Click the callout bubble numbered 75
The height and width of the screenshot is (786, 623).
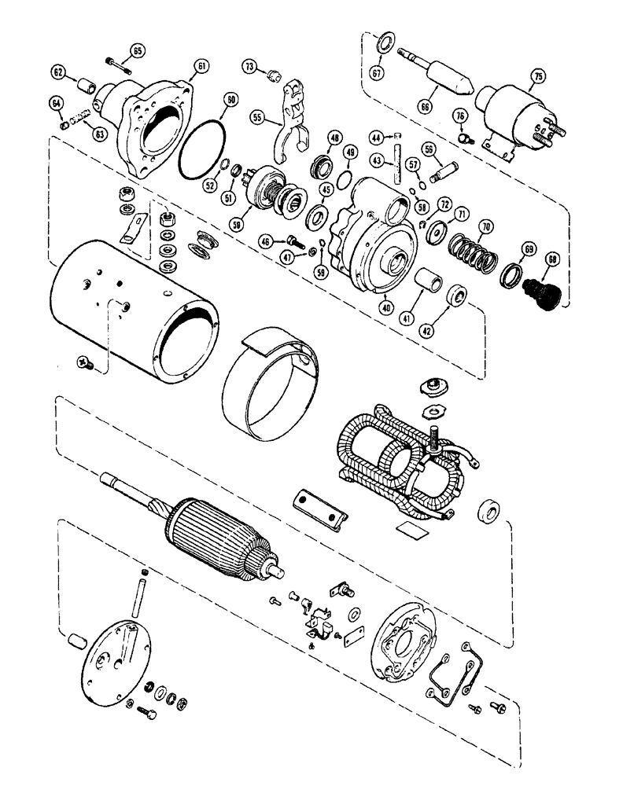(537, 76)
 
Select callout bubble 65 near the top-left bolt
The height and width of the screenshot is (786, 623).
(138, 51)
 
